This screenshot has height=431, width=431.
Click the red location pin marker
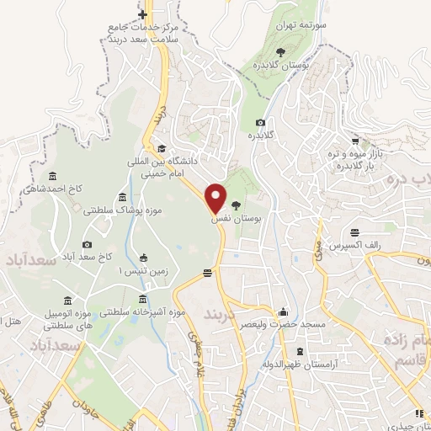(216, 199)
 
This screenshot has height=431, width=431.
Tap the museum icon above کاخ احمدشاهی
(53, 175)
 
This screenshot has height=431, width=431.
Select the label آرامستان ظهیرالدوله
(300, 364)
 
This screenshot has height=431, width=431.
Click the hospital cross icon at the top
(144, 15)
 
